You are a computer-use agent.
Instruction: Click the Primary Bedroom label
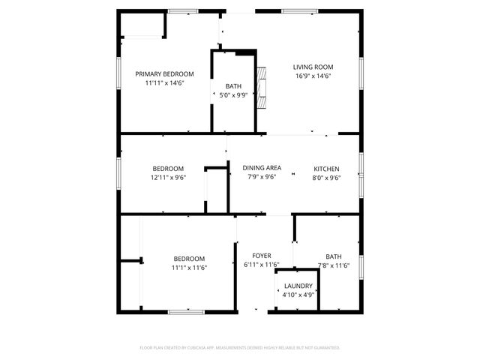pos(164,73)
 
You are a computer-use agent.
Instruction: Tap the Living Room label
pos(313,67)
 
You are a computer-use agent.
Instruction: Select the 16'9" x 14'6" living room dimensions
pos(313,76)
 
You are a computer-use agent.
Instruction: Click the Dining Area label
pos(262,168)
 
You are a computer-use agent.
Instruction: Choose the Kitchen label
pos(326,168)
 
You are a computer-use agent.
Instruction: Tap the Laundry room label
pos(298,286)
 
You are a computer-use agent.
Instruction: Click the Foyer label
pos(262,256)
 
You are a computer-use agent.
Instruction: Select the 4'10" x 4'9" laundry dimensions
pos(298,295)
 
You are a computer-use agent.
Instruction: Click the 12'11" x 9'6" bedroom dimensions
pos(168,178)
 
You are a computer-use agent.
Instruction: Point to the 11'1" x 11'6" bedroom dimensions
pos(189,268)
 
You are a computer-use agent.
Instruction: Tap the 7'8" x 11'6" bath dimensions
pos(333,265)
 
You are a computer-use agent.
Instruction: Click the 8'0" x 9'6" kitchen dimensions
pos(326,178)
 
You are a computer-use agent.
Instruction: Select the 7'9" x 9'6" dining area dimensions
pos(262,178)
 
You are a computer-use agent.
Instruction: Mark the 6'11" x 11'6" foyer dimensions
pos(262,265)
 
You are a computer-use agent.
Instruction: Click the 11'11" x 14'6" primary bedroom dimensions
pos(164,83)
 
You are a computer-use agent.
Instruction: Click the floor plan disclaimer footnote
pos(240,348)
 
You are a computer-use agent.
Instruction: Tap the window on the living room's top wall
pos(298,11)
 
